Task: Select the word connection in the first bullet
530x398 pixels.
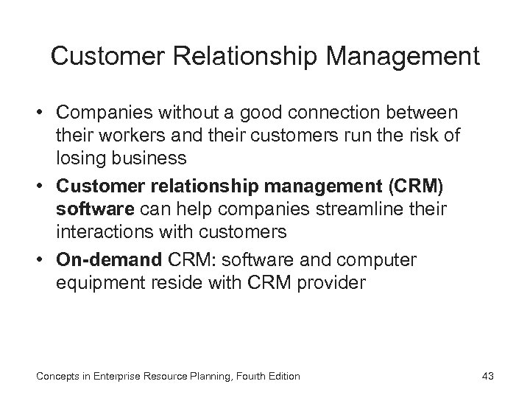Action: click(x=327, y=114)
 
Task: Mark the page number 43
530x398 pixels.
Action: click(x=486, y=376)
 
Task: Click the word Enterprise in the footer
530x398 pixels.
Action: click(x=123, y=376)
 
